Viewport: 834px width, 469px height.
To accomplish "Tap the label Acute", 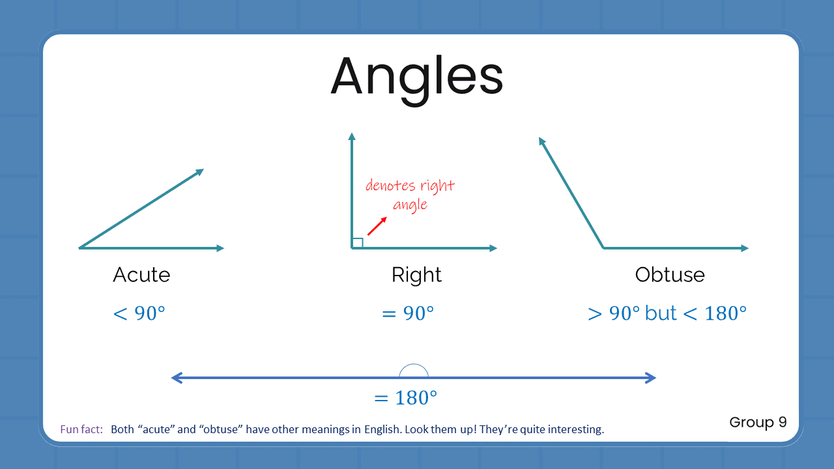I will tap(141, 275).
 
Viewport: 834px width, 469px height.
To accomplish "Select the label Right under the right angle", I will tap(416, 275).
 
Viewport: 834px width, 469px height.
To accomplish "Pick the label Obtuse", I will tap(670, 275).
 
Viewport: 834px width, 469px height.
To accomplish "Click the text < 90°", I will tap(139, 314).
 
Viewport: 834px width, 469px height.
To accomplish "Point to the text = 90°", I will tap(408, 314).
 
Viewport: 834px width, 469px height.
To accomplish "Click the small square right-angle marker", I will tap(357, 243).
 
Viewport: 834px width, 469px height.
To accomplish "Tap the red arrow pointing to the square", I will tap(377, 226).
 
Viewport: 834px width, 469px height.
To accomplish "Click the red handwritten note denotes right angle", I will tap(410, 195).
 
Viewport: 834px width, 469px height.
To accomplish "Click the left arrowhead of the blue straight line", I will tap(176, 378).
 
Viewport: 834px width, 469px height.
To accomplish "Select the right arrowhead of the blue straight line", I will tap(650, 378).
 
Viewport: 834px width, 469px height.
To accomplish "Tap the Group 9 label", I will tap(758, 422).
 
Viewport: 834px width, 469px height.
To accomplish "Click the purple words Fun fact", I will tap(81, 430).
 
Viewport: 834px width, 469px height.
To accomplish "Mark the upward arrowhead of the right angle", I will tap(352, 136).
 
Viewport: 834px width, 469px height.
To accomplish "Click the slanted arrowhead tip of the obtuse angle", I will tap(541, 141).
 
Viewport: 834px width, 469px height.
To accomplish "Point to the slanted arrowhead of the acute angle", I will tap(199, 172).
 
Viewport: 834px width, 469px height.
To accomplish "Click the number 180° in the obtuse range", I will tap(725, 314).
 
